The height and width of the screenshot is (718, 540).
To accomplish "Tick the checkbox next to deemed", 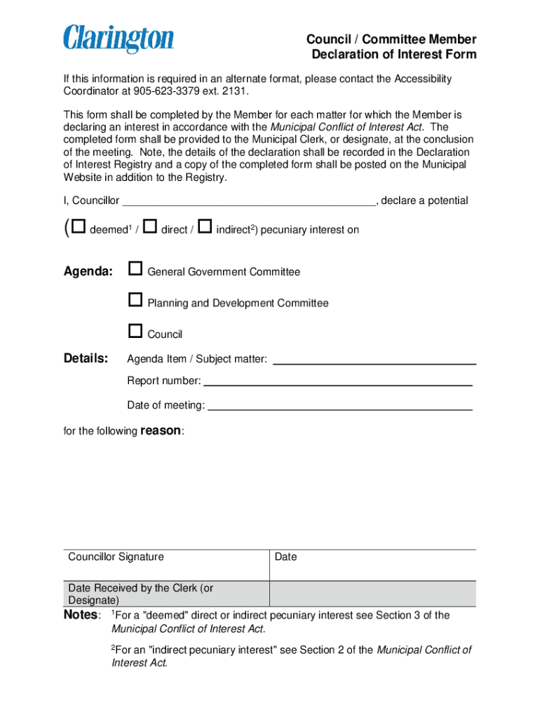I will pyautogui.click(x=79, y=226).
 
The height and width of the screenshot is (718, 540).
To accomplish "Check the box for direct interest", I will pyautogui.click(x=149, y=226).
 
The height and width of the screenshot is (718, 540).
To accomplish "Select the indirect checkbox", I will pyautogui.click(x=205, y=226).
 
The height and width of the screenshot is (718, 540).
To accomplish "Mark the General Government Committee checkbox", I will pyautogui.click(x=135, y=269).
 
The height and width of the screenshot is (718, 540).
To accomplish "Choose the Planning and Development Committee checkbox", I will pyautogui.click(x=135, y=300).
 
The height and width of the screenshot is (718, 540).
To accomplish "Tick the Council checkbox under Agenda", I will pyautogui.click(x=135, y=331).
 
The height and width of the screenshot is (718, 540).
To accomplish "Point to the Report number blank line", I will pyautogui.click(x=337, y=383).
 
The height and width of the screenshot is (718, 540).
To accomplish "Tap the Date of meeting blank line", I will pyautogui.click(x=340, y=407).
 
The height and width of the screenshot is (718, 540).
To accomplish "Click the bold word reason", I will pyautogui.click(x=161, y=431).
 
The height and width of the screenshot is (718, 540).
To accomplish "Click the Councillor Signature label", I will pyautogui.click(x=116, y=557).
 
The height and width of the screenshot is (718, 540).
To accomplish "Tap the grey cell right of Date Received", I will pyautogui.click(x=372, y=594).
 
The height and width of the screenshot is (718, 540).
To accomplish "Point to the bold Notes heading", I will pyautogui.click(x=81, y=615).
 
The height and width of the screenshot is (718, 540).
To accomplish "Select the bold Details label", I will pyautogui.click(x=86, y=359).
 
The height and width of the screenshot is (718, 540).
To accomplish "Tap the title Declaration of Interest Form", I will pyautogui.click(x=393, y=55).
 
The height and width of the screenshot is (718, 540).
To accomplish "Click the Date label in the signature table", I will pyautogui.click(x=286, y=557).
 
